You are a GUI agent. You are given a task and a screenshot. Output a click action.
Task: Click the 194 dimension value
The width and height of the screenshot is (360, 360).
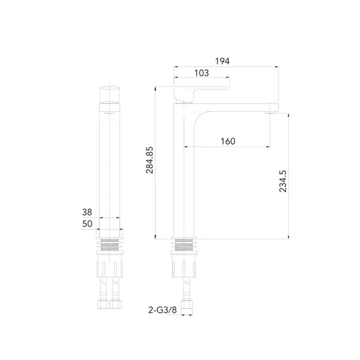(x=222, y=61)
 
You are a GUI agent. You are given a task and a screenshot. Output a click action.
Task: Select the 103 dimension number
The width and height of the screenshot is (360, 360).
(x=201, y=73)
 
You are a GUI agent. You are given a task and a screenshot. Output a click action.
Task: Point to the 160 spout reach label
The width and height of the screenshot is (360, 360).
(x=228, y=141)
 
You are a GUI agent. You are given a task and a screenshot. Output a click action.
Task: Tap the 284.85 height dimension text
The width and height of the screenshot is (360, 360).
(x=150, y=160)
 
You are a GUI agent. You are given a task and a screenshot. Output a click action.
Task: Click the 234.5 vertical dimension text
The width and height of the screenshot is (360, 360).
(x=282, y=181)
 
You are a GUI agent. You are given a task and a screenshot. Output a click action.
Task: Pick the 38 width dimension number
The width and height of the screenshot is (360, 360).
(x=87, y=212)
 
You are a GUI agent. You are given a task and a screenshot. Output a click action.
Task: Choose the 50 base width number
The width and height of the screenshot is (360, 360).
(x=87, y=224)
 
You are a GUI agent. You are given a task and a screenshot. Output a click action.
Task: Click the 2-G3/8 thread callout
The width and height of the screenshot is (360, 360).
(x=162, y=310)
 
